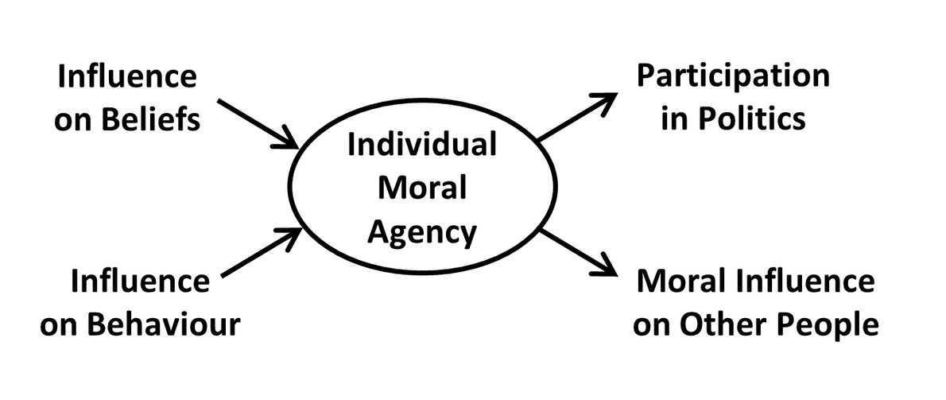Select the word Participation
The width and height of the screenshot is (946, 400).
click(732, 77)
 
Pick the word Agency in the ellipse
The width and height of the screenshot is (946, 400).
click(422, 231)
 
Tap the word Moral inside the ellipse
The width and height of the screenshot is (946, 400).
click(422, 189)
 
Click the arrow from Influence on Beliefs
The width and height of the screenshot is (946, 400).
click(258, 124)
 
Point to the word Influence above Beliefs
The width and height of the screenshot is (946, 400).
click(127, 77)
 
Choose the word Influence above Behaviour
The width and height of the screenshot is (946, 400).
click(141, 282)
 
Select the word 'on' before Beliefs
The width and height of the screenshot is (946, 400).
click(73, 121)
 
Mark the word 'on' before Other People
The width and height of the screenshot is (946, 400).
click(652, 326)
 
